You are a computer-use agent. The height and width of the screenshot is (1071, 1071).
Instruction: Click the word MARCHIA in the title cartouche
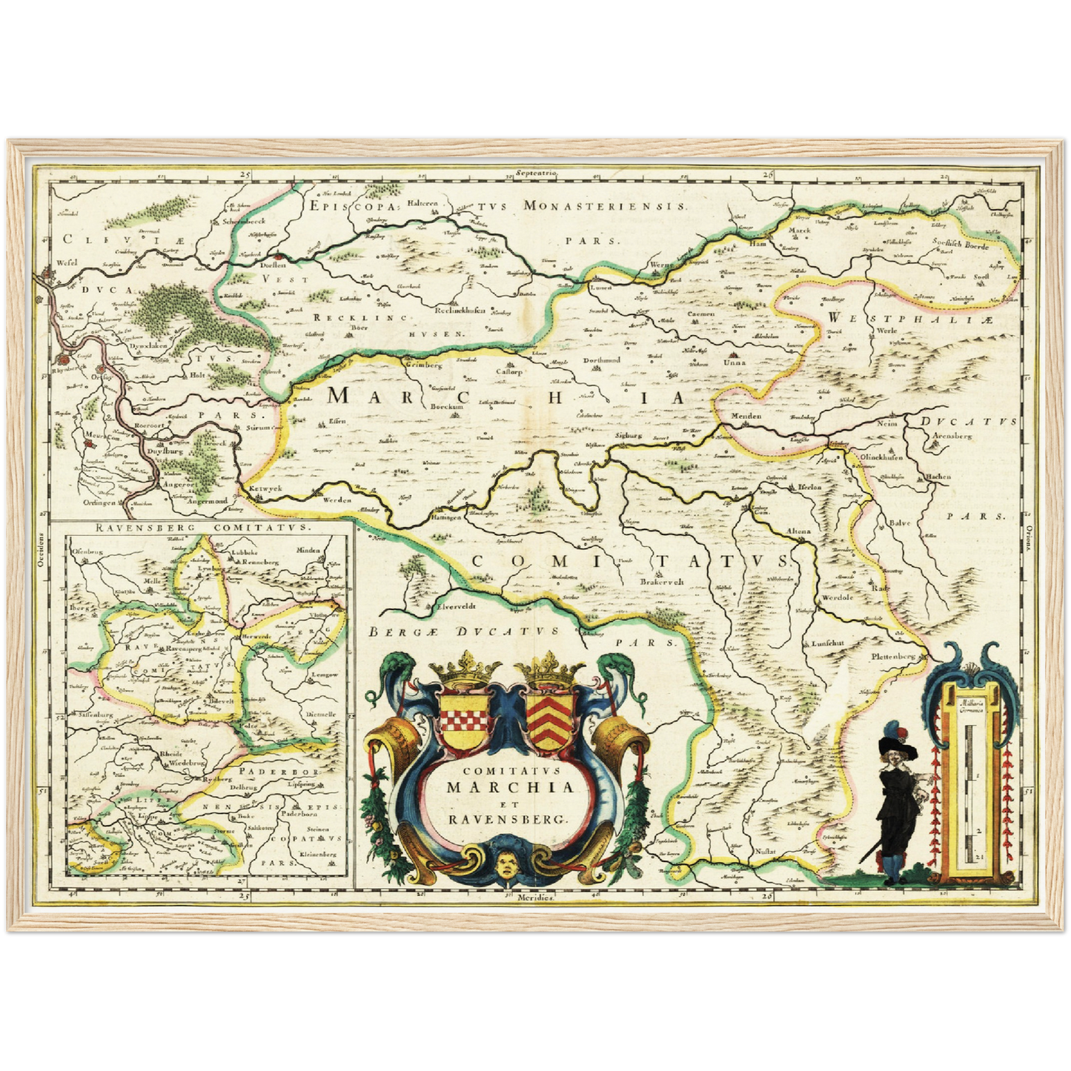coord(511,787)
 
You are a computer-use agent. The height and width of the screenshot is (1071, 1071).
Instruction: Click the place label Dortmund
coord(601,360)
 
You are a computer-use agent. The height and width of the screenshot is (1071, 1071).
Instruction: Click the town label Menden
coord(746,416)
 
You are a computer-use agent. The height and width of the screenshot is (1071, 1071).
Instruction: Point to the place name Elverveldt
coord(455,606)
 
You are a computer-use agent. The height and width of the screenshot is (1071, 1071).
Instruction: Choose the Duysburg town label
coord(164,450)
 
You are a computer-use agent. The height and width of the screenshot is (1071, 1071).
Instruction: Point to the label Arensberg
coord(953,437)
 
